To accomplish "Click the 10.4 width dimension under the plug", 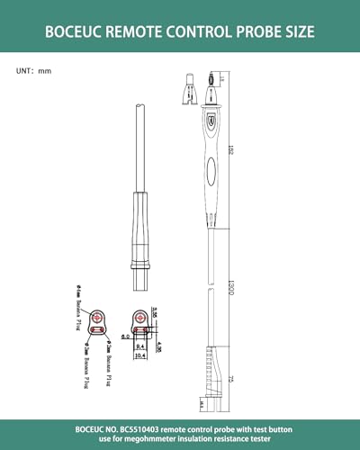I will tap(141, 355).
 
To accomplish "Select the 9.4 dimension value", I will tap(141, 344).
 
